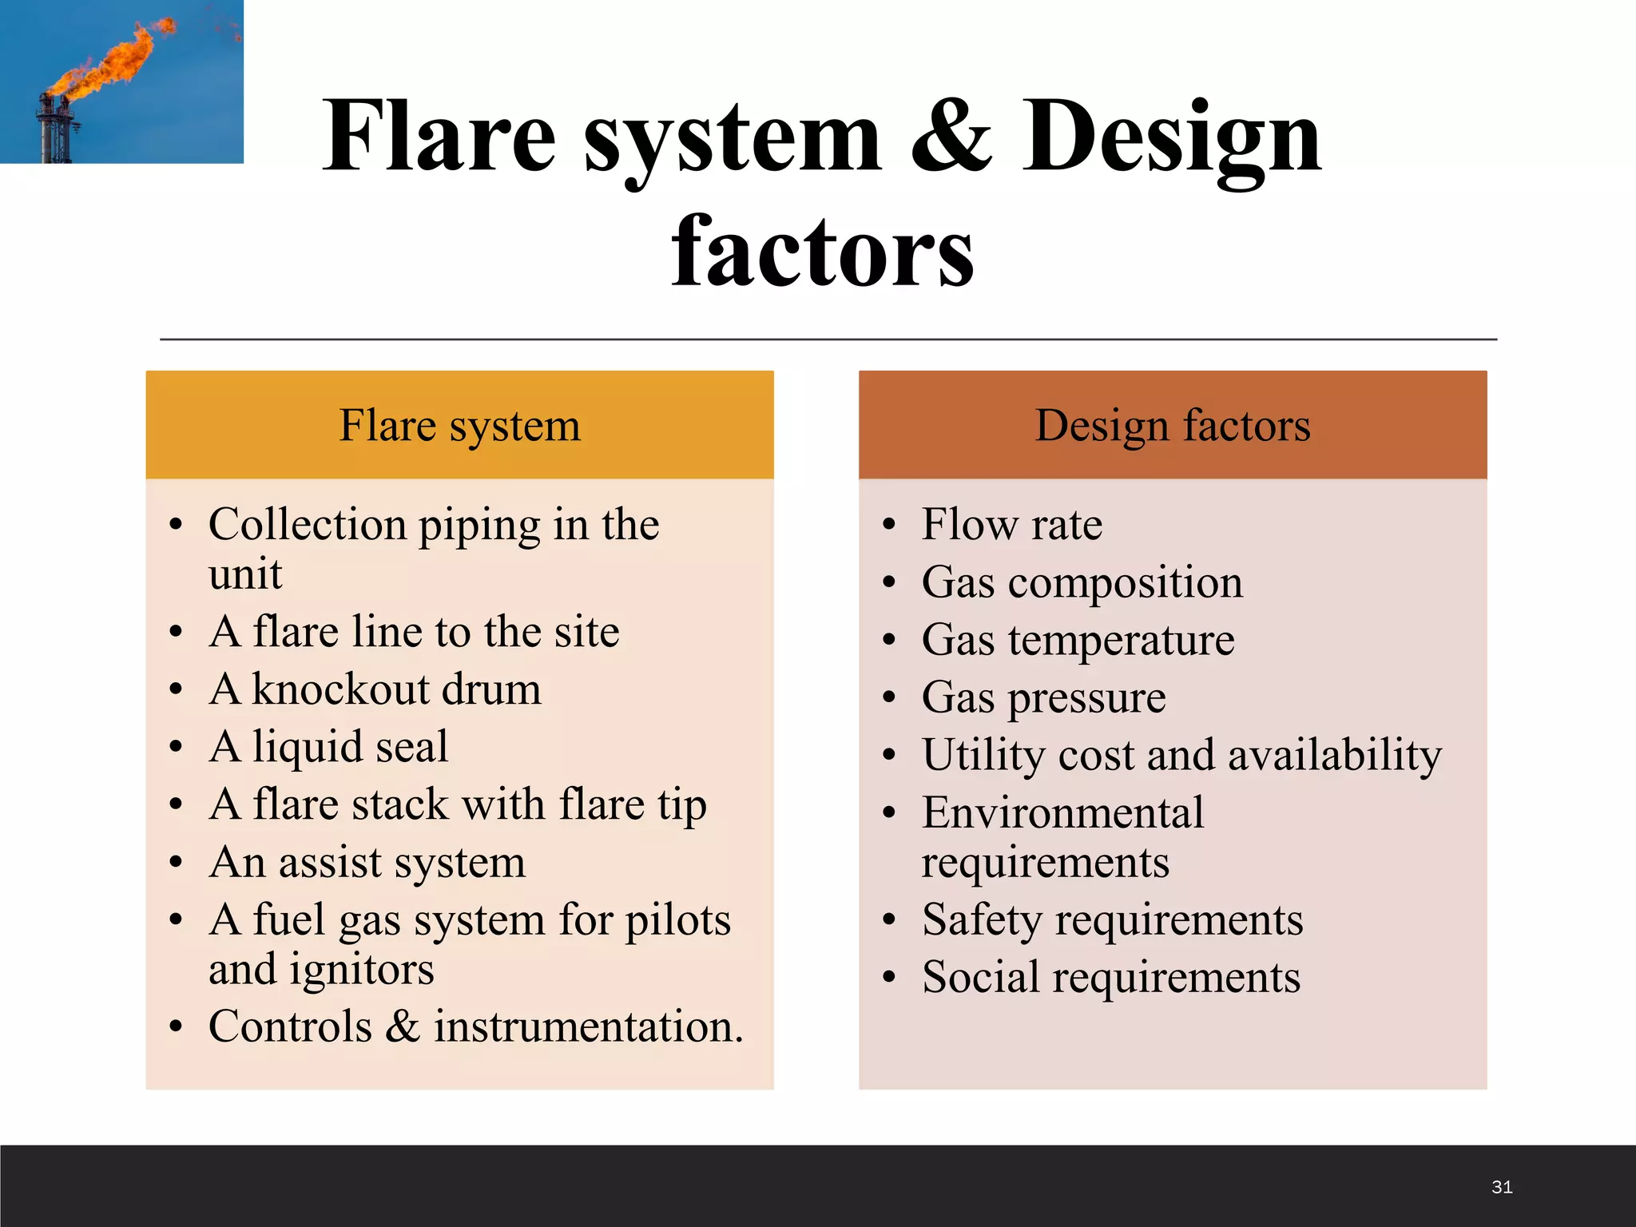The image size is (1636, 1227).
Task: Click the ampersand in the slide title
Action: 951,137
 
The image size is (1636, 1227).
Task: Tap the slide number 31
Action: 1502,1187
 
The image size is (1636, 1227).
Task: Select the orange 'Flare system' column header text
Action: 459,425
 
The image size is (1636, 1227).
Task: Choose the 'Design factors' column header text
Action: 1173,425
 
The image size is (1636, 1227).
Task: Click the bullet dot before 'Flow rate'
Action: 890,526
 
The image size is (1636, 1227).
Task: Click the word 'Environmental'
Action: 1062,813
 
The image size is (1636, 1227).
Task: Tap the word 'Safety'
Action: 982,920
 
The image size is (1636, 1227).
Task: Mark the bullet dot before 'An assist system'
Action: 177,863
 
